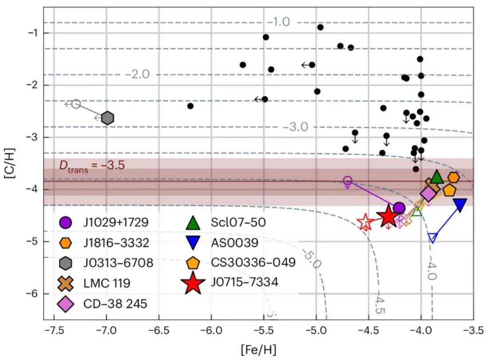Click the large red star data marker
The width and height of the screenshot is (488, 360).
pyautogui.click(x=388, y=217)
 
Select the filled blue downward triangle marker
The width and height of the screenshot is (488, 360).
pyautogui.click(x=460, y=204)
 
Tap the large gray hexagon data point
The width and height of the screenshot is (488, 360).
pyautogui.click(x=107, y=118)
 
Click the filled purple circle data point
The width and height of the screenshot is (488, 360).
pyautogui.click(x=399, y=208)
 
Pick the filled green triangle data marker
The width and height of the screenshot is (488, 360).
pyautogui.click(x=437, y=177)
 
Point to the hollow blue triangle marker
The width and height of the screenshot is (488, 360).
pyautogui.click(x=433, y=238)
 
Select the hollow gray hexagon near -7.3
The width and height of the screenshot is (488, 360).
pyautogui.click(x=76, y=104)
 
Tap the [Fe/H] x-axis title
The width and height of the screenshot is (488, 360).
pyautogui.click(x=259, y=349)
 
